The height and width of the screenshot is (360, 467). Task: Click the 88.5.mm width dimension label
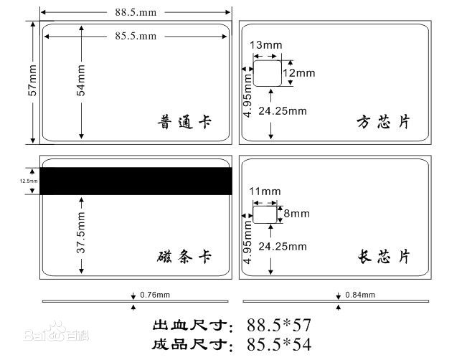pos(135,12)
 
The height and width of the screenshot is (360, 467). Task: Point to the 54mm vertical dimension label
pos(82,81)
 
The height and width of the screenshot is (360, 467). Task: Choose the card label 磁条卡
pos(184,257)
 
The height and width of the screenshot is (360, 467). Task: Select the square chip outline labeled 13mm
pos(268,73)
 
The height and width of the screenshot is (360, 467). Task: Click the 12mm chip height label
pos(298,73)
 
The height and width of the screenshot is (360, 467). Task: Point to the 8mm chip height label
pos(296,214)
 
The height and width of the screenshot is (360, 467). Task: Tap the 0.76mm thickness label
pos(155,295)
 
